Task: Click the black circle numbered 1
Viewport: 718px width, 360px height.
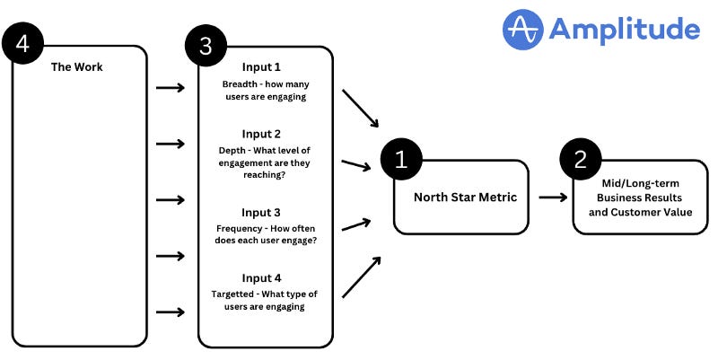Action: [400, 160]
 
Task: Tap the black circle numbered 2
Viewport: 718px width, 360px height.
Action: [580, 160]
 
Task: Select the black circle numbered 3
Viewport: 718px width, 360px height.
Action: [206, 48]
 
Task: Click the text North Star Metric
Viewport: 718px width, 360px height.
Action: [465, 197]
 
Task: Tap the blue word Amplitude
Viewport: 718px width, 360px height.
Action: [624, 30]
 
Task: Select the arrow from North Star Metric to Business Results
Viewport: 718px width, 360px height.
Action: [553, 198]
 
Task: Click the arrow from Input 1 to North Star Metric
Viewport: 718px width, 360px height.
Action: [362, 109]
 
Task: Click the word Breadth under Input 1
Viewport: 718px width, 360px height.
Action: [241, 84]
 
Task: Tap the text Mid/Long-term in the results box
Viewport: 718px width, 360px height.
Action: [640, 183]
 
